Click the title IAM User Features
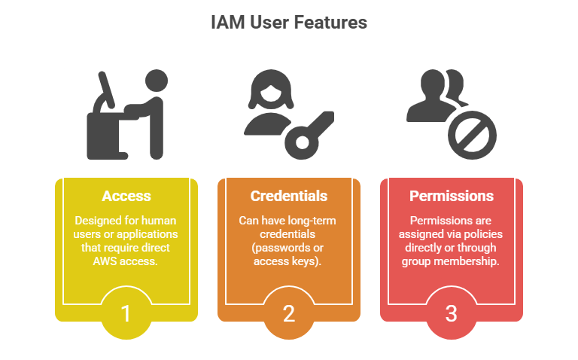click(x=289, y=23)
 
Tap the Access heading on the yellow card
click(x=126, y=196)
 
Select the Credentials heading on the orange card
click(x=289, y=196)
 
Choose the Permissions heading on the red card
click(x=452, y=196)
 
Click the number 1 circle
click(x=126, y=312)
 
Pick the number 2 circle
click(x=289, y=312)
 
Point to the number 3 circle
click(x=452, y=312)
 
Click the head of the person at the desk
click(x=155, y=81)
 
